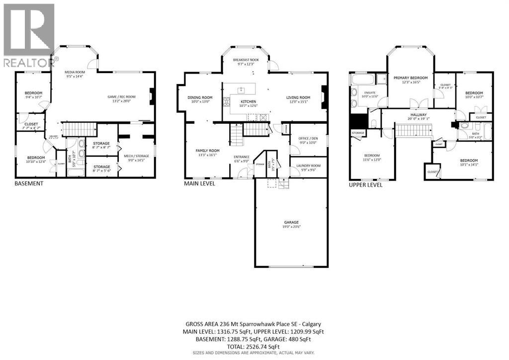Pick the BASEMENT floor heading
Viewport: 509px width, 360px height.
(29, 183)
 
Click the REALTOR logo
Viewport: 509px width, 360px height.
(28, 35)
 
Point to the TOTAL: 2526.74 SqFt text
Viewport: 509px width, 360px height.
(254, 347)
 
